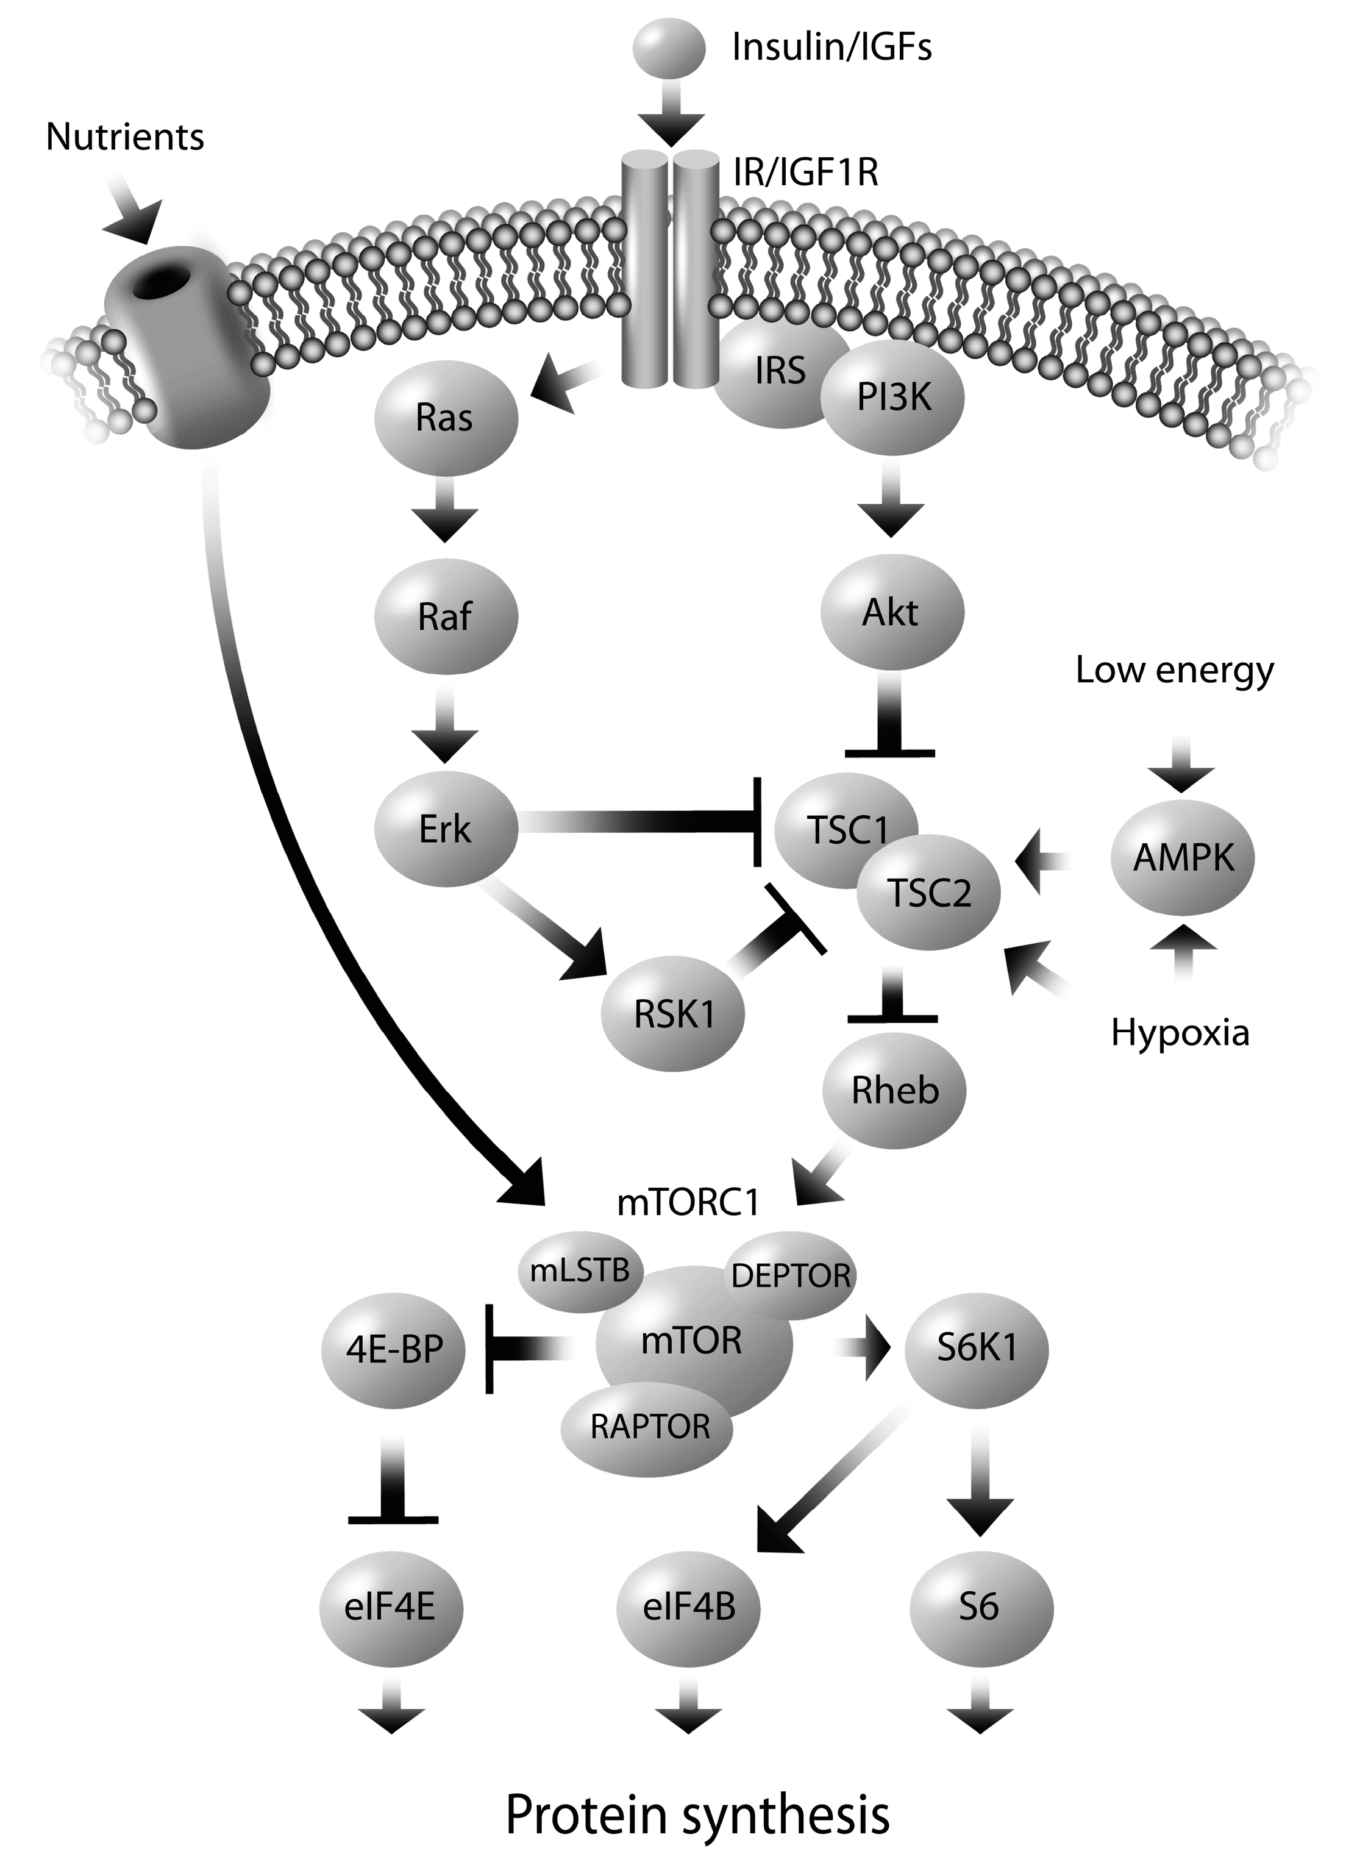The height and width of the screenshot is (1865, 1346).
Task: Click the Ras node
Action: coord(446,417)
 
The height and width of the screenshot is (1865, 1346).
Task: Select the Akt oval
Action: coord(891,613)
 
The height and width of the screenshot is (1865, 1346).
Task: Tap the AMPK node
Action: coord(1183,858)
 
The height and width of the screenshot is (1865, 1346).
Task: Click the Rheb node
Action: coord(895,1090)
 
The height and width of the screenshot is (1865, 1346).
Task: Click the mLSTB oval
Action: coord(580,1271)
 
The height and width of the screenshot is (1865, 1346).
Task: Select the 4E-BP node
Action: coord(394,1349)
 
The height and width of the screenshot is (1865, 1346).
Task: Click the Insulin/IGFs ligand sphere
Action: coord(669,48)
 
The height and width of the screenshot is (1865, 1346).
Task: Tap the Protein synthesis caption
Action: coord(697,1816)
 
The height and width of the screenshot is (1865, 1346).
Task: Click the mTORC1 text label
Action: coord(688,1202)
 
